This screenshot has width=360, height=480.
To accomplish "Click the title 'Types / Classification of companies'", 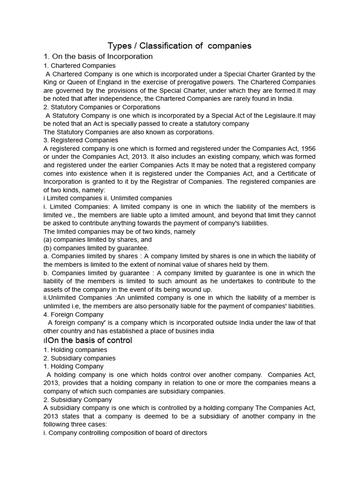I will click(x=180, y=45).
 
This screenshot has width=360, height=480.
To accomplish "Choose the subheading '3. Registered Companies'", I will click(x=81, y=140).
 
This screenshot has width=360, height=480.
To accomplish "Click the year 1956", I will click(x=307, y=149).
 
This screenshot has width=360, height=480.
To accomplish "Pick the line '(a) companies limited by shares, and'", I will click(x=97, y=240).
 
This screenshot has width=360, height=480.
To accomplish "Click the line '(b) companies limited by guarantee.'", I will click(x=96, y=247).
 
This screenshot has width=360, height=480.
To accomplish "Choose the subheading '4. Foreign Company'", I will click(x=74, y=315).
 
